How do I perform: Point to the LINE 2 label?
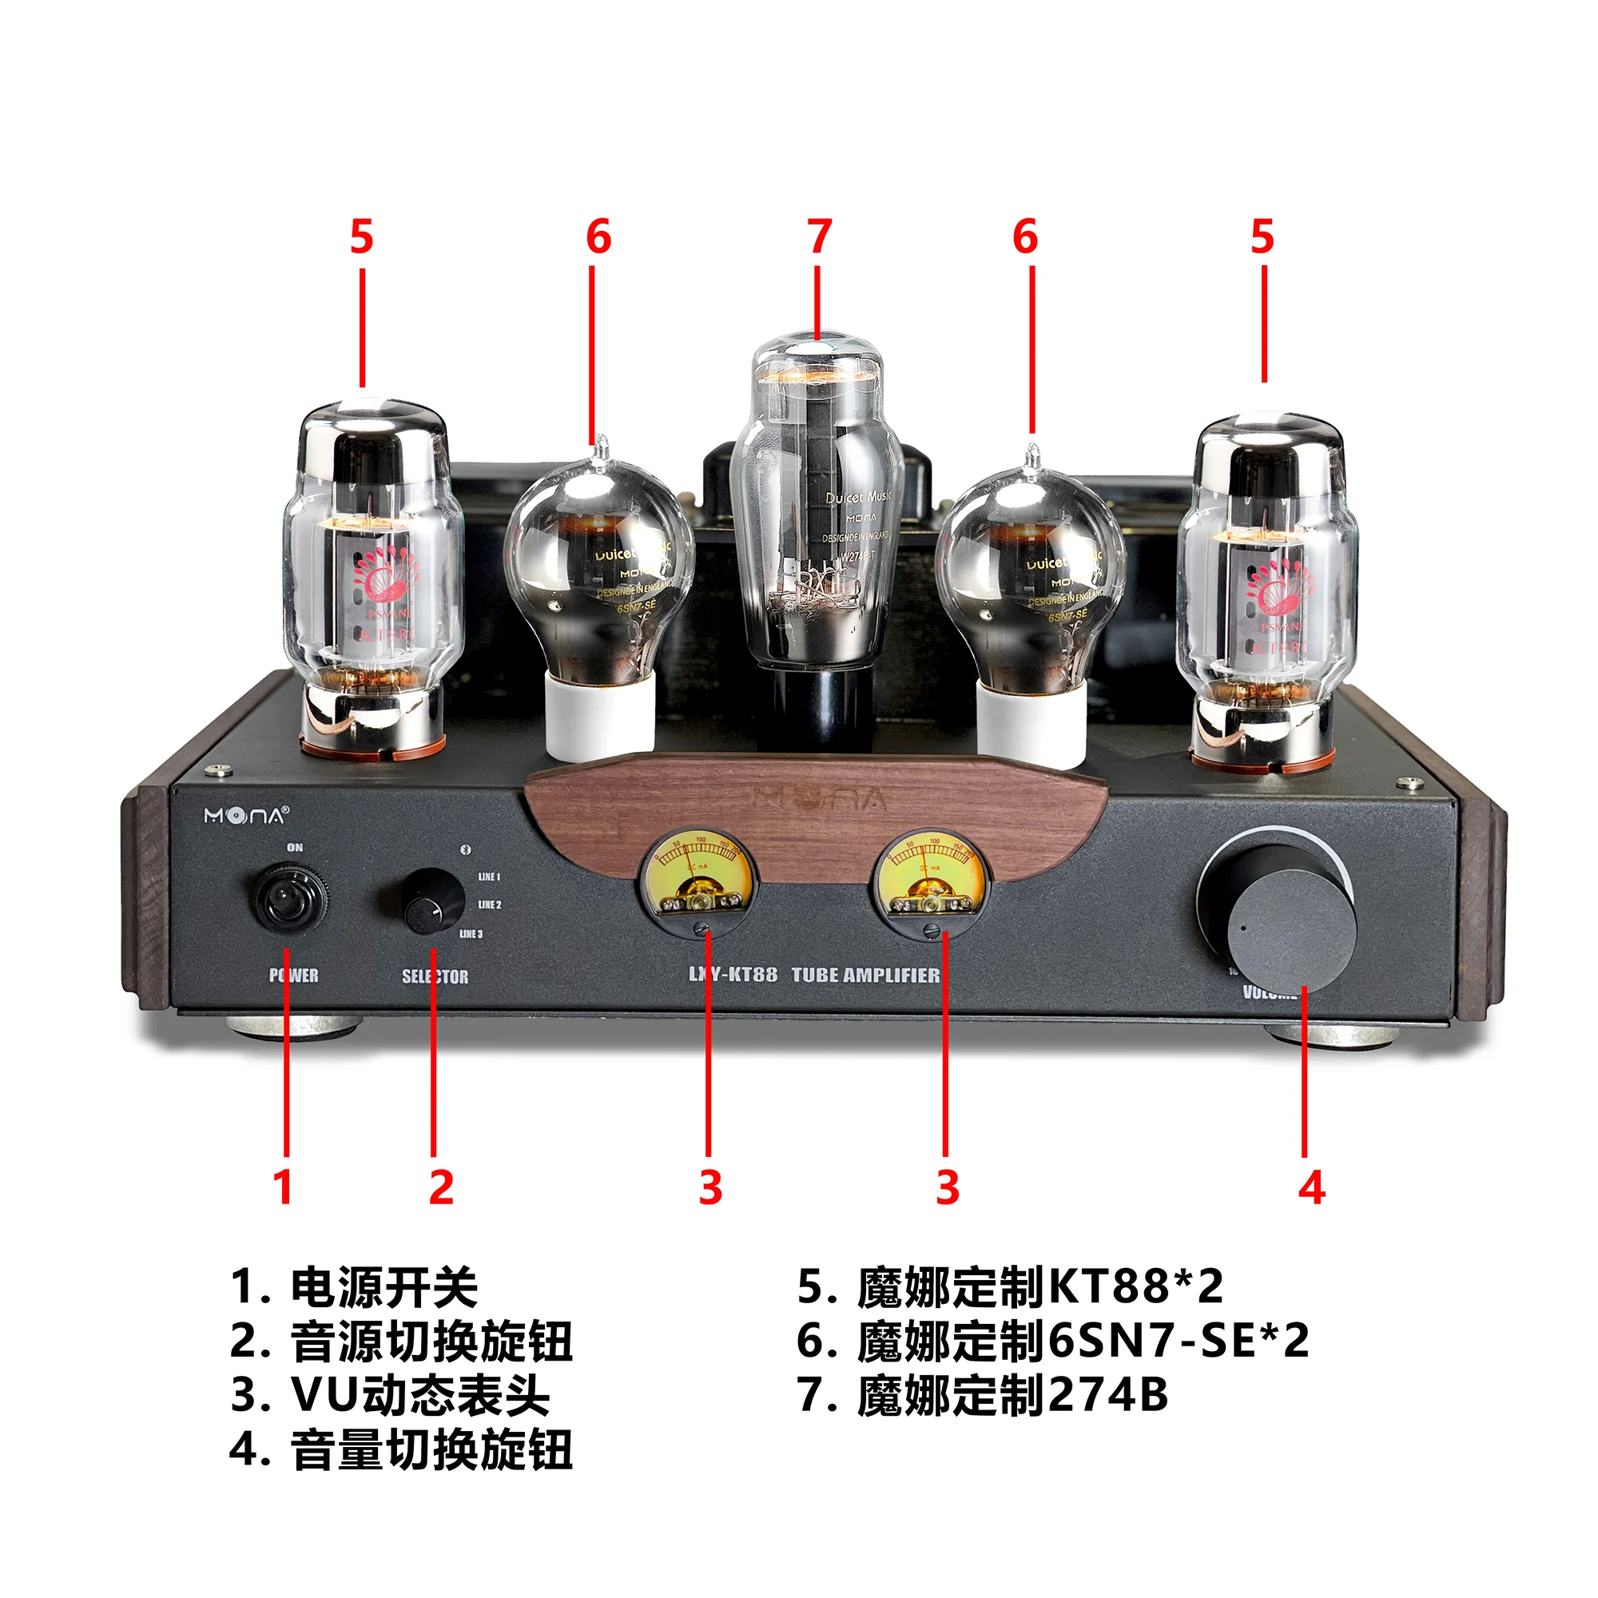(489, 905)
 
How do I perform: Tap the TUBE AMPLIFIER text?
(865, 975)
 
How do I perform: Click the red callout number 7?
(819, 237)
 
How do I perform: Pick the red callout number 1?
(283, 1189)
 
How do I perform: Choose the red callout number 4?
(1312, 1189)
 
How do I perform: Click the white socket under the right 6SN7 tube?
(1031, 723)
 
